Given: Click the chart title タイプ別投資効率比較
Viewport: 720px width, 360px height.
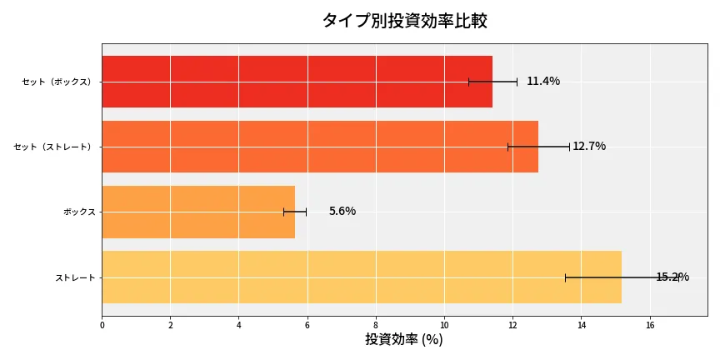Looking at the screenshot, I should tap(404, 21).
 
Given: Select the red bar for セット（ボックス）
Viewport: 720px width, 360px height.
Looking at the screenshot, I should tap(297, 82).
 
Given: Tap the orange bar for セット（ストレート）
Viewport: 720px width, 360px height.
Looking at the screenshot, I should tap(320, 147).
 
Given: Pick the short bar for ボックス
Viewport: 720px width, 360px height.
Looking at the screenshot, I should tap(198, 212).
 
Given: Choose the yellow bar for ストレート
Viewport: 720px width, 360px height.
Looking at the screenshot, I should tap(362, 277).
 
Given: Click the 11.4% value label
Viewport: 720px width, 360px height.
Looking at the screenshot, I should tap(543, 82).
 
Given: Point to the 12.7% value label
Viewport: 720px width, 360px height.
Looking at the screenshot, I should tap(589, 147).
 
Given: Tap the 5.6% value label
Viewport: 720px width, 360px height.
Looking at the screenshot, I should tap(342, 212).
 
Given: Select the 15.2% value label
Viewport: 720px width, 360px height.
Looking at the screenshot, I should tap(672, 277).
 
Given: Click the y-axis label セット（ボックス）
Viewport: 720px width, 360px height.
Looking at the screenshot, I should tap(57, 82).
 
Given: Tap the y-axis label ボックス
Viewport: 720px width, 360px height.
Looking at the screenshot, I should tap(79, 212).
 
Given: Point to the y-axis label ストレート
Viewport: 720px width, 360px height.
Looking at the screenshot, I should tap(75, 277).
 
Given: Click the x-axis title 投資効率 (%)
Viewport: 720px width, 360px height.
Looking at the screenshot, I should tap(404, 340).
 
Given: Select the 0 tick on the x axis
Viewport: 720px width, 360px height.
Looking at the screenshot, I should tap(102, 326).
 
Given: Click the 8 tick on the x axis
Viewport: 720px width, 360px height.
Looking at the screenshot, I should tap(376, 326).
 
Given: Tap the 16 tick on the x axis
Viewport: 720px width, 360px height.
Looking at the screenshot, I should tap(649, 326).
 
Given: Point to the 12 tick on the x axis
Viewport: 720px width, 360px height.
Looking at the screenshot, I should tap(512, 326).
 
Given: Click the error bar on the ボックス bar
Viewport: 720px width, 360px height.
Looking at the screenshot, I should tap(295, 212).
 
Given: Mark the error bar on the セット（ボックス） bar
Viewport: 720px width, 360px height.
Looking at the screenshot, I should tap(492, 82).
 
